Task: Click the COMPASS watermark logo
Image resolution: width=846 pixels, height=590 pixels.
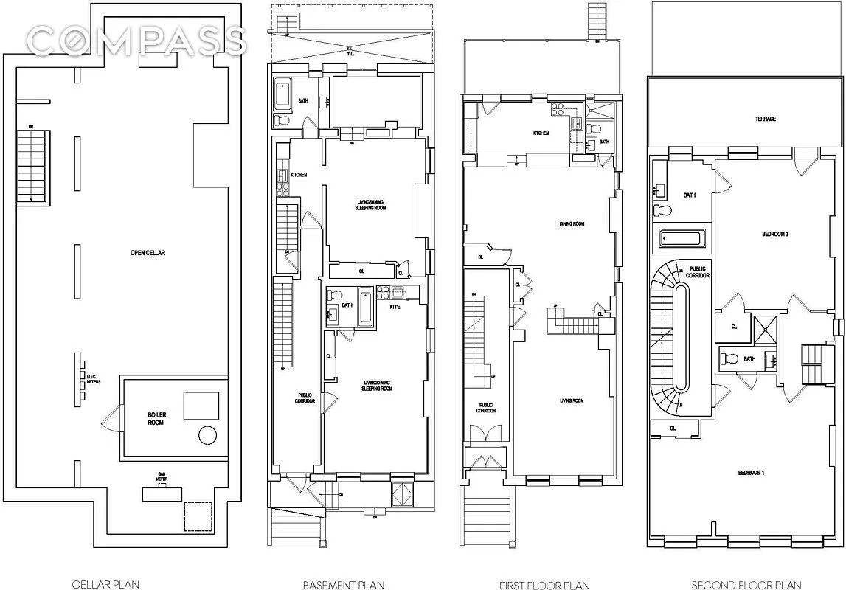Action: pyautogui.click(x=134, y=41)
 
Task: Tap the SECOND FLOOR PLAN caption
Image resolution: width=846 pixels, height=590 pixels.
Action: pyautogui.click(x=746, y=585)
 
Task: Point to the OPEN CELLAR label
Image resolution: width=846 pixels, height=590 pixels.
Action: pyautogui.click(x=148, y=253)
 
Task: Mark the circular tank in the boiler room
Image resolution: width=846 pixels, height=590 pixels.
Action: pyautogui.click(x=207, y=435)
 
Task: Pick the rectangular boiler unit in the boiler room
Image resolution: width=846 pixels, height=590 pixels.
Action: pyautogui.click(x=201, y=406)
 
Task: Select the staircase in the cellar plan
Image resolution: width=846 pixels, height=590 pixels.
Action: pyautogui.click(x=31, y=167)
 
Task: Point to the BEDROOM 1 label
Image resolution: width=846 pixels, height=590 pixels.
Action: pyautogui.click(x=751, y=472)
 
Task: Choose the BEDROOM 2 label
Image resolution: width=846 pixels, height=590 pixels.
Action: pyautogui.click(x=775, y=235)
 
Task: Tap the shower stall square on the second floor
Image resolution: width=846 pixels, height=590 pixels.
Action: pyautogui.click(x=765, y=329)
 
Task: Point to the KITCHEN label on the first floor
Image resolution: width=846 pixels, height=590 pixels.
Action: pyautogui.click(x=541, y=133)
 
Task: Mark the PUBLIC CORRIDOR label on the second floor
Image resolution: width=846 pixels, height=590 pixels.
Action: pyautogui.click(x=699, y=271)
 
